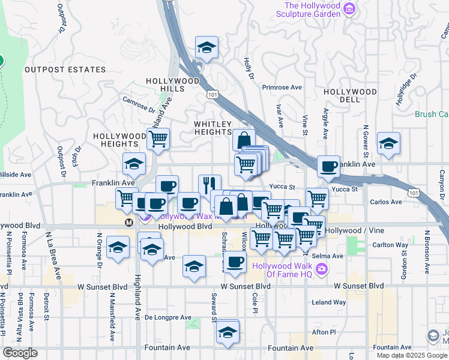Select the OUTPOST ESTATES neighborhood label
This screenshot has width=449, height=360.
[65, 70]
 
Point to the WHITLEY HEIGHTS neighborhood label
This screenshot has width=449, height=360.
[212, 128]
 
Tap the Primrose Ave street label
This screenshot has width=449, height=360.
[282, 87]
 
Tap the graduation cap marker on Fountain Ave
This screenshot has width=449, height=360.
[228, 332]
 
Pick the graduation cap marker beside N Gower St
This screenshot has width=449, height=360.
[388, 143]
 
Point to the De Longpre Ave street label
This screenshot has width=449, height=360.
[168, 317]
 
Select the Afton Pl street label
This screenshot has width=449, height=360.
[324, 332]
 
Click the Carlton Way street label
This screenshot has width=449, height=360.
[390, 245]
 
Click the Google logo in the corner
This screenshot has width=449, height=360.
[20, 353]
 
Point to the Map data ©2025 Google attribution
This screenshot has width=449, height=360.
[411, 355]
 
